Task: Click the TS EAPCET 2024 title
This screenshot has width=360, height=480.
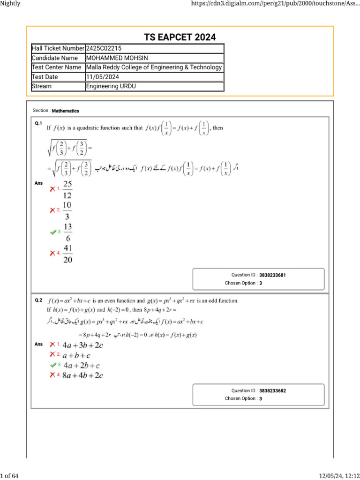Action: pyautogui.click(x=180, y=37)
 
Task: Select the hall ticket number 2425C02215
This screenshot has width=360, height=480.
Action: pyautogui.click(x=105, y=48)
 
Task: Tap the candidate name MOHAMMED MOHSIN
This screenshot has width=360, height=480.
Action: pyautogui.click(x=117, y=58)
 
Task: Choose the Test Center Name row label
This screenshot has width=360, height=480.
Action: pyautogui.click(x=57, y=67)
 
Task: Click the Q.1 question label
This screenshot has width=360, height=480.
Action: pyautogui.click(x=38, y=123)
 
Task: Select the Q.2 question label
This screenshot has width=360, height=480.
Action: pyautogui.click(x=38, y=300)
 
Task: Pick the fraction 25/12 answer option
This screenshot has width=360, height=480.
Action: pyautogui.click(x=67, y=189)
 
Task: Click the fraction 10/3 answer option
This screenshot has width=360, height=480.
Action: pyautogui.click(x=67, y=210)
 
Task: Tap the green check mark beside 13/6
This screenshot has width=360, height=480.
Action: pyautogui.click(x=52, y=232)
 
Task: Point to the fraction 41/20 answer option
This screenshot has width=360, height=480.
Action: pyautogui.click(x=67, y=254)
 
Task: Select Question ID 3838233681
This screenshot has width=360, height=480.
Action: pyautogui.click(x=272, y=275)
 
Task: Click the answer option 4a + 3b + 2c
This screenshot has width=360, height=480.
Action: pyautogui.click(x=83, y=345)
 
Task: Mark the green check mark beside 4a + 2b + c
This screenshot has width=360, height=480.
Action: pyautogui.click(x=52, y=365)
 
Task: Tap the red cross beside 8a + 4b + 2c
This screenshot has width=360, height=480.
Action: pyautogui.click(x=52, y=375)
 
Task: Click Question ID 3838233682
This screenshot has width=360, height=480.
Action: pyautogui.click(x=272, y=390)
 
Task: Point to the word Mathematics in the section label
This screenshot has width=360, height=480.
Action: pyautogui.click(x=66, y=111)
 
